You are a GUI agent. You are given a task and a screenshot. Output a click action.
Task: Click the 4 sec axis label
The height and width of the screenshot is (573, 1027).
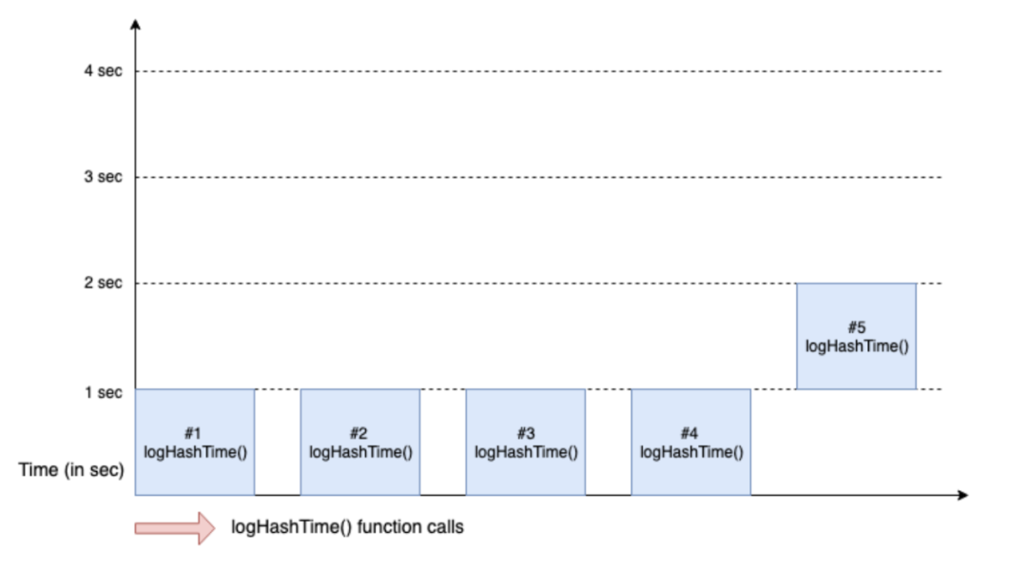104,71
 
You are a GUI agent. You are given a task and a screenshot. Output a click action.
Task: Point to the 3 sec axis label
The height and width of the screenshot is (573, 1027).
104,177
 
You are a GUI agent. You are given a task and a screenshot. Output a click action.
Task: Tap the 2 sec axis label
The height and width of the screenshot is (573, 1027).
104,284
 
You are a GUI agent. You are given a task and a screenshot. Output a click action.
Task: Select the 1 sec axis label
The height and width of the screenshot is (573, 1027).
104,391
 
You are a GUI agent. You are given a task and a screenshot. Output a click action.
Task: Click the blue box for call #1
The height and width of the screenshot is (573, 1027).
195,442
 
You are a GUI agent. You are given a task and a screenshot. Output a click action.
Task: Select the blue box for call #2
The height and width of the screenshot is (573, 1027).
360,442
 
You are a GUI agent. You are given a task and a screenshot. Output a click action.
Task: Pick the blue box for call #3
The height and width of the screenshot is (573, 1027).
526,442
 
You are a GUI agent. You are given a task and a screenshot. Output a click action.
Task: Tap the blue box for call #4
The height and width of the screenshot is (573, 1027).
691,442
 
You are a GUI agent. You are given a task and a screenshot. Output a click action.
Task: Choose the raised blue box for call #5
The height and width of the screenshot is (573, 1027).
856,336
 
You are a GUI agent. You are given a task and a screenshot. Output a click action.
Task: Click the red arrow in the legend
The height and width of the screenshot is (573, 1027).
175,527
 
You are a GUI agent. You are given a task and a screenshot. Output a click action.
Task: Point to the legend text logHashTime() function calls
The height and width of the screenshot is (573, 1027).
348,526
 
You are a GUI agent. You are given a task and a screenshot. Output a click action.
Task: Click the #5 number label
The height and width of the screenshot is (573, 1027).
857,327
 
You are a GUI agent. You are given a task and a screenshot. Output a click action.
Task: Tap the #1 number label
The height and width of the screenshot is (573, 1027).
195,434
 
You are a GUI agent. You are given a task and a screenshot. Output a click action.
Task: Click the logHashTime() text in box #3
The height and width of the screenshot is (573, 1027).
526,452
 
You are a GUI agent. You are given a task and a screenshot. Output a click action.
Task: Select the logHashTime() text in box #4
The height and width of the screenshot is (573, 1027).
691,452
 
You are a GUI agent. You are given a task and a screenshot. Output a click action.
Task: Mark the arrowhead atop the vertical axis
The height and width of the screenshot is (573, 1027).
136,23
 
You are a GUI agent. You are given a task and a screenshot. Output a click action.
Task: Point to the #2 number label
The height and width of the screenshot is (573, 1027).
360,434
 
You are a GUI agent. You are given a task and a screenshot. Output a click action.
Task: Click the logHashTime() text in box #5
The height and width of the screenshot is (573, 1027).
857,346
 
